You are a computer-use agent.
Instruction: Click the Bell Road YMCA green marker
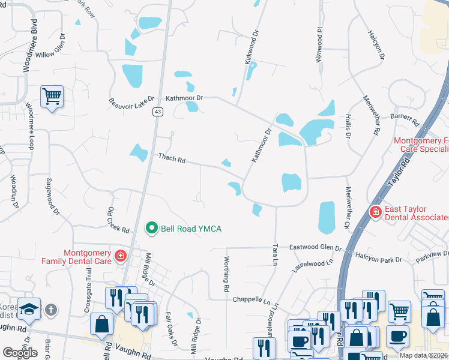click(152, 228)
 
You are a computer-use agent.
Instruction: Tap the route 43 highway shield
click(157, 112)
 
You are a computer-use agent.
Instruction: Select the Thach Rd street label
click(172, 159)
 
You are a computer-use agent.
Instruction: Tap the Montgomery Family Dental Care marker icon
click(120, 256)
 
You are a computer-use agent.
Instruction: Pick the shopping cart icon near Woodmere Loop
click(52, 96)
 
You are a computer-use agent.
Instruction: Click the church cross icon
click(52, 310)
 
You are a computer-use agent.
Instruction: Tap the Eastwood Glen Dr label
click(315, 247)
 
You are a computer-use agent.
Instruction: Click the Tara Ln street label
click(276, 254)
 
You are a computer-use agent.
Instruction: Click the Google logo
click(20, 353)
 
